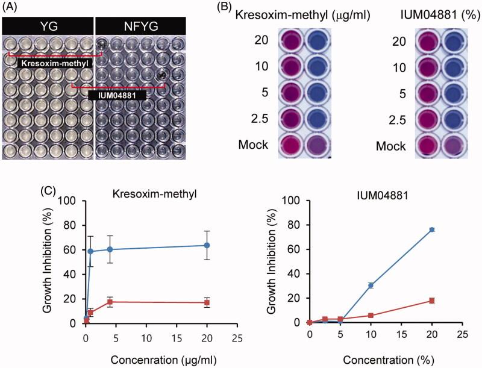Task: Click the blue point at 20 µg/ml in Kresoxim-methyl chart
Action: tap(207, 245)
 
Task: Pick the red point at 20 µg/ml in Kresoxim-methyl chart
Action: tap(207, 302)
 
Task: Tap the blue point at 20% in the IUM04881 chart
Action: tap(431, 229)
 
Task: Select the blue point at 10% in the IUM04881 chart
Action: tap(371, 285)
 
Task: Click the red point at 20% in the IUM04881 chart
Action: tap(431, 301)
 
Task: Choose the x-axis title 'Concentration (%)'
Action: tap(386, 360)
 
